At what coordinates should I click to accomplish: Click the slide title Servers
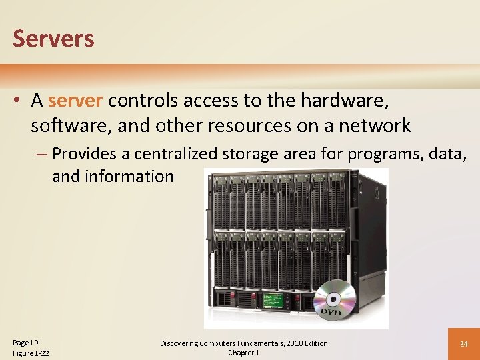[53, 39]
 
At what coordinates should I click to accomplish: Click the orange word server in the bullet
[75, 101]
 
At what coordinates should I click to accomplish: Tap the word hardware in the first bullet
[345, 101]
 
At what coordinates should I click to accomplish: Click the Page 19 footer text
[25, 341]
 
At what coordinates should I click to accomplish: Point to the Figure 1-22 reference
[31, 353]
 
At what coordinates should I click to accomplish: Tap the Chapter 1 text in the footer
[243, 353]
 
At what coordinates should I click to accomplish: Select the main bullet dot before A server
[18, 101]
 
